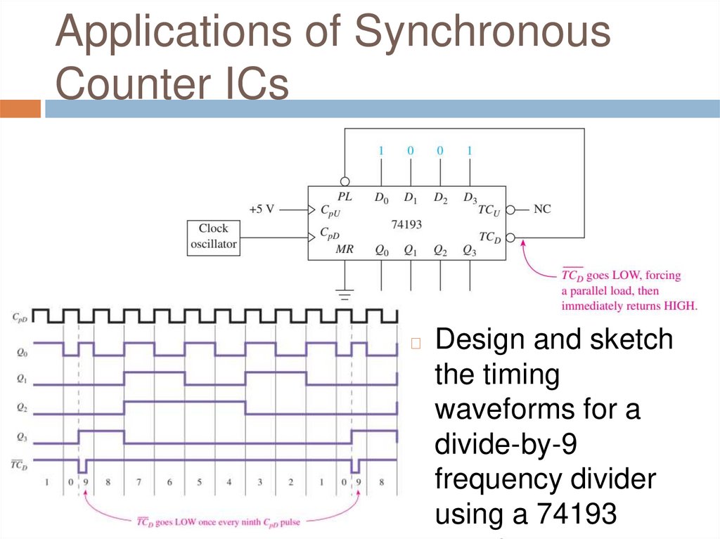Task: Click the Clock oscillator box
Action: coord(213,236)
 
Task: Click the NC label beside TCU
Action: coord(543,209)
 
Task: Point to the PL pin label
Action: coord(345,197)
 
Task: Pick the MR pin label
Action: coord(345,249)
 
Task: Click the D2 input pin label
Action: coord(441,199)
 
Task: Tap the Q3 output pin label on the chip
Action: coord(470,249)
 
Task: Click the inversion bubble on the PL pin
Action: coord(345,181)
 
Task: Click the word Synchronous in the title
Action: coord(482,32)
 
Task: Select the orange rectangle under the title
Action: coord(20,109)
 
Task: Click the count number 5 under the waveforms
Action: coord(199,483)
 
